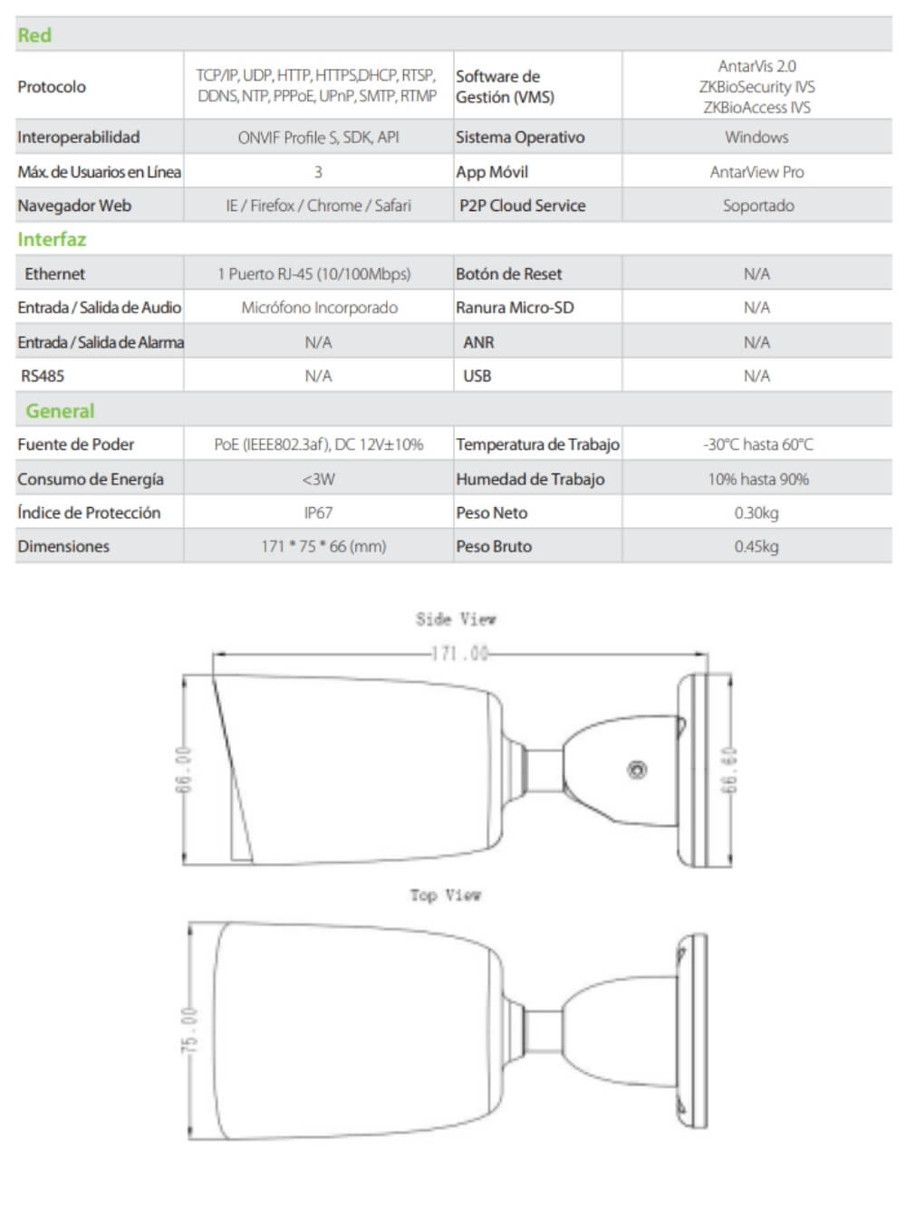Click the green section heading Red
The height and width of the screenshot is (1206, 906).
(34, 35)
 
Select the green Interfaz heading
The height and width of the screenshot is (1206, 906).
(52, 240)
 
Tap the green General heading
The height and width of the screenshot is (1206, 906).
(60, 411)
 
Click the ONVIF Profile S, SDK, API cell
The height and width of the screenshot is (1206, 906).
(318, 138)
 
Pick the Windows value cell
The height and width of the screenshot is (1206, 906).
(757, 138)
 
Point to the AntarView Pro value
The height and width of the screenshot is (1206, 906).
(757, 172)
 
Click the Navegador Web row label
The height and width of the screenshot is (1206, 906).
(74, 206)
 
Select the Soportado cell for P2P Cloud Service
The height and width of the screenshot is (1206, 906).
(758, 206)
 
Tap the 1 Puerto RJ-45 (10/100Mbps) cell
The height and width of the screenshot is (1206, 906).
(313, 273)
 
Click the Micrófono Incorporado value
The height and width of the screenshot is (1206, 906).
(319, 308)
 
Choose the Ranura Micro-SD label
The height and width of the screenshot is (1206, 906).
(515, 308)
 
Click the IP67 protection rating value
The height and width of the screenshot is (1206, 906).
(318, 512)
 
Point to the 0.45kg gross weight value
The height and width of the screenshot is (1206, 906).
(757, 547)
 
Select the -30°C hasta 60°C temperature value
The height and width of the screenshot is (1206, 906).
(758, 445)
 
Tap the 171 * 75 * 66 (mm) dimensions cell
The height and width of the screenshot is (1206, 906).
(323, 547)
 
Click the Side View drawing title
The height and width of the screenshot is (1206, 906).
(456, 619)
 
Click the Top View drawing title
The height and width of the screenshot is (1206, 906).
(445, 895)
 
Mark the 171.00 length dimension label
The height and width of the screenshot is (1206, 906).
(459, 653)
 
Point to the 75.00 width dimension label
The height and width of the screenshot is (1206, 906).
(188, 1029)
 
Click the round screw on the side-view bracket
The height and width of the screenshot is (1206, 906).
(637, 770)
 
